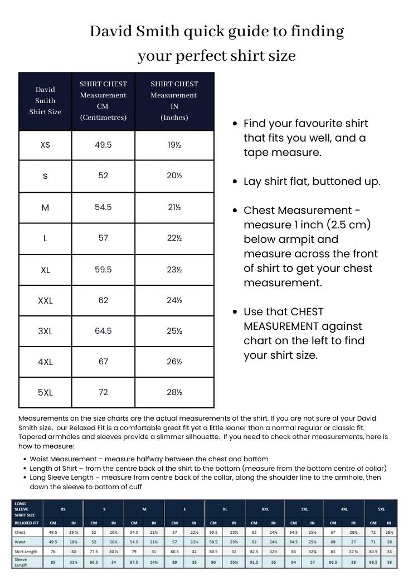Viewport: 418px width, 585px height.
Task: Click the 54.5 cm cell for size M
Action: pyautogui.click(x=103, y=207)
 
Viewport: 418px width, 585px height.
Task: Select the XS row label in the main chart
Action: pyautogui.click(x=45, y=145)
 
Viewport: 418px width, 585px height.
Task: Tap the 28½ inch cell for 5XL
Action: pyautogui.click(x=174, y=392)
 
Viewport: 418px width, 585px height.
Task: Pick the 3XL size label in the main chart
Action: pyautogui.click(x=45, y=331)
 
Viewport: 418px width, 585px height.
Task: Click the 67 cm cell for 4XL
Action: pyautogui.click(x=103, y=362)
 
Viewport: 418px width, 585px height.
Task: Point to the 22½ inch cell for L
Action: pyautogui.click(x=174, y=238)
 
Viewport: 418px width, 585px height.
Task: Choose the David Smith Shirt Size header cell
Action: pyautogui.click(x=45, y=101)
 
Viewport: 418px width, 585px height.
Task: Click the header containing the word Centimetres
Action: pyautogui.click(x=103, y=101)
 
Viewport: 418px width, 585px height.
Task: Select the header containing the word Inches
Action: pyautogui.click(x=174, y=101)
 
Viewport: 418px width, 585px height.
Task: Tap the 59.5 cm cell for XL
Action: pyautogui.click(x=103, y=270)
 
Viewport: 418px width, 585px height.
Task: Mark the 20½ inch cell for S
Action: pyautogui.click(x=174, y=175)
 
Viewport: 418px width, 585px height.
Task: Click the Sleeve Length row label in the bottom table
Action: pyautogui.click(x=21, y=562)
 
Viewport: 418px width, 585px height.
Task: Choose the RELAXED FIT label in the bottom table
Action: pyautogui.click(x=26, y=523)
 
